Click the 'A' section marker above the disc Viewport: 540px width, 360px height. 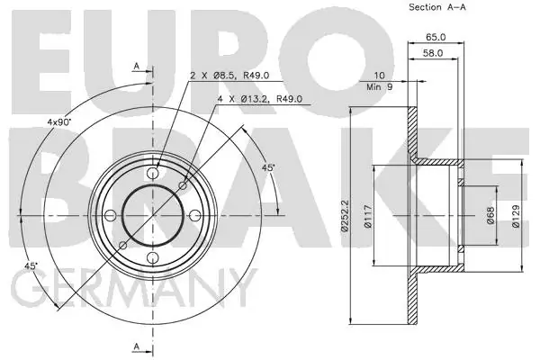pos(137,66)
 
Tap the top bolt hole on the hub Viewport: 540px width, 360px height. pos(153,173)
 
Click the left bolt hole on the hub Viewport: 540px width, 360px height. pos(110,215)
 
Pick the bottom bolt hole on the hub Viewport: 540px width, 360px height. pos(153,258)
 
